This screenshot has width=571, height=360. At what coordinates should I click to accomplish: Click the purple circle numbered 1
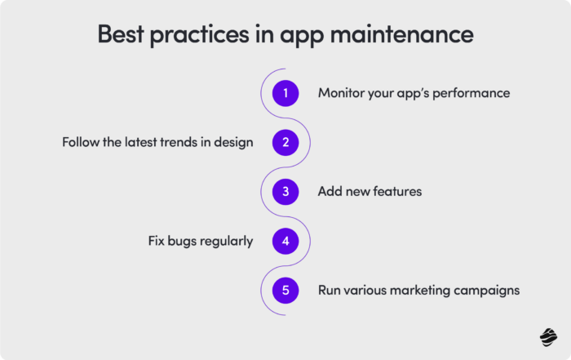tap(285, 93)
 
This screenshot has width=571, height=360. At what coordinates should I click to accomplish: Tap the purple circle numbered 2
tap(285, 143)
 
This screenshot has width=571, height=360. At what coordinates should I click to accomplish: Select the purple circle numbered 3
tap(285, 192)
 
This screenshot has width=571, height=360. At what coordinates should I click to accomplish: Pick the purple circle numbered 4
tap(285, 242)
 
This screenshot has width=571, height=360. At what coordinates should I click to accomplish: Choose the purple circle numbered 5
tap(285, 291)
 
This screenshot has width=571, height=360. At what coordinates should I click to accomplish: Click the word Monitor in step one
tap(342, 93)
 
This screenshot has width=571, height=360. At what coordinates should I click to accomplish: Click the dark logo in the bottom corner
tap(547, 336)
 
